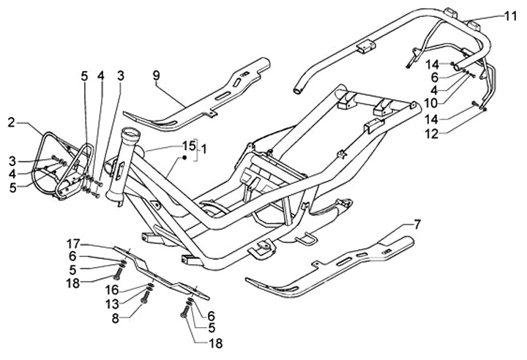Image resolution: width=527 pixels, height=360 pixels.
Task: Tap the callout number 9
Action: [x=155, y=74]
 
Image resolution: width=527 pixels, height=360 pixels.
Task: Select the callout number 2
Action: [x=10, y=121]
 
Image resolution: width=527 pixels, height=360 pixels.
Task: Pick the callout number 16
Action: [x=115, y=290]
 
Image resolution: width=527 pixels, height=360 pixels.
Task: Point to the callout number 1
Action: [x=204, y=149]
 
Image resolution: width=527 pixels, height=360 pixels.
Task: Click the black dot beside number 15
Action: [x=185, y=157]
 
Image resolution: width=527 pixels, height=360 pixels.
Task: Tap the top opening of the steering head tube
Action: [x=131, y=132]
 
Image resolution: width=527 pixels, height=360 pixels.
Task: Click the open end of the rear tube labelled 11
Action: [x=299, y=90]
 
